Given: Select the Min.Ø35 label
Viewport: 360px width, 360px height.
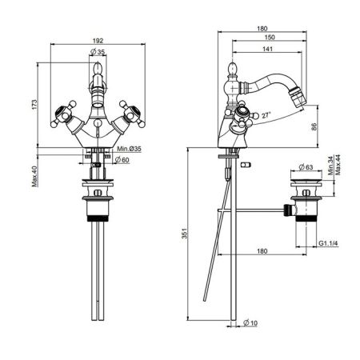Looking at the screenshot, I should click(129, 150).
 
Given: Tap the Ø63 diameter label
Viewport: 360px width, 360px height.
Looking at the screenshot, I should click(304, 168).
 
